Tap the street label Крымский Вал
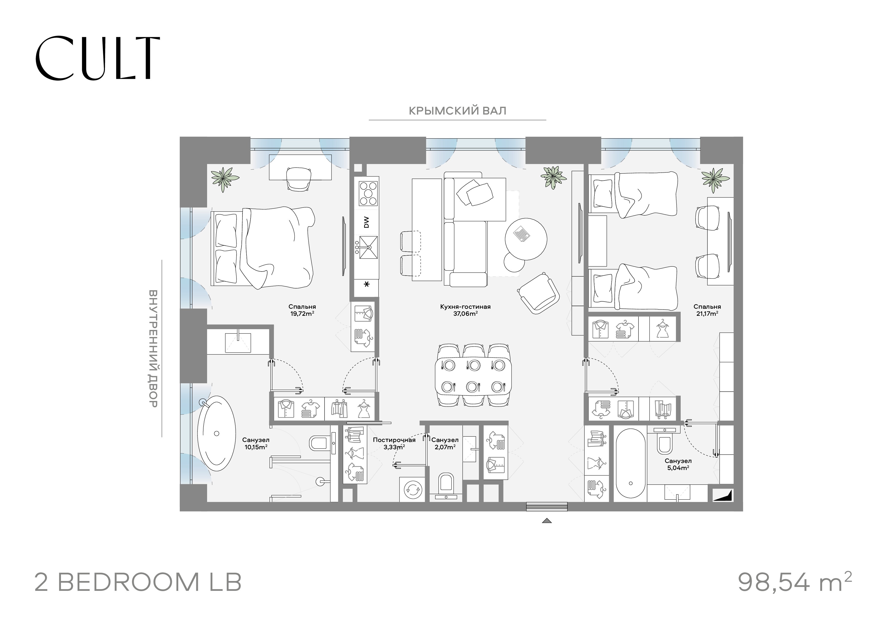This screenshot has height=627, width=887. (x=457, y=111)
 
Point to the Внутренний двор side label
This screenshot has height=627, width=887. (x=153, y=348)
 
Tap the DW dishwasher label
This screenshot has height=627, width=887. (x=366, y=222)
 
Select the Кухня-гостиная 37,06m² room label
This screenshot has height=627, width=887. (x=465, y=310)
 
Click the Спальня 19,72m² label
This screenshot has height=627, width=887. (x=302, y=310)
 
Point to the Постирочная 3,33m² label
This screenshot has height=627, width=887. (x=394, y=443)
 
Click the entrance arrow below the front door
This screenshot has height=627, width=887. (x=547, y=521)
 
